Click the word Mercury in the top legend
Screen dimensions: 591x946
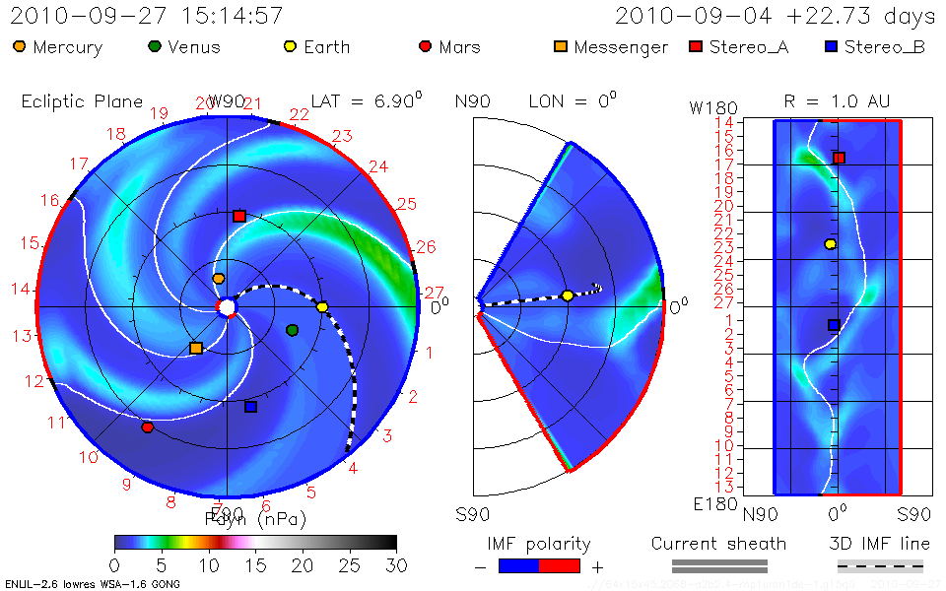[x=68, y=47]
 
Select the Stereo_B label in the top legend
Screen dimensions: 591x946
[x=884, y=47]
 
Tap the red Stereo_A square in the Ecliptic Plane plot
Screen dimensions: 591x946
[x=238, y=216]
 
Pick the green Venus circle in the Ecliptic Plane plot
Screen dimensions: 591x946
[x=292, y=330]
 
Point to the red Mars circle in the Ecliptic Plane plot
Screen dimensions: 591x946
[x=147, y=427]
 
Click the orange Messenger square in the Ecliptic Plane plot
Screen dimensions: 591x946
[x=196, y=348]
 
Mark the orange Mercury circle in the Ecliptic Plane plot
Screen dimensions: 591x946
[x=219, y=279]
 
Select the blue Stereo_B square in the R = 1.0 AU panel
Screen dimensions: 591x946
[x=834, y=324]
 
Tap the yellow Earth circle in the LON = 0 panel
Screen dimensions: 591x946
[x=568, y=295]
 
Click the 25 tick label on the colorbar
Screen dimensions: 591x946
[x=349, y=565]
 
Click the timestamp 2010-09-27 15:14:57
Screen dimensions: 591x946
[x=147, y=16]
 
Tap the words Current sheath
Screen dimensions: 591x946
[x=718, y=544]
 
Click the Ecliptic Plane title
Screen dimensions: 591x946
[x=82, y=101]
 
